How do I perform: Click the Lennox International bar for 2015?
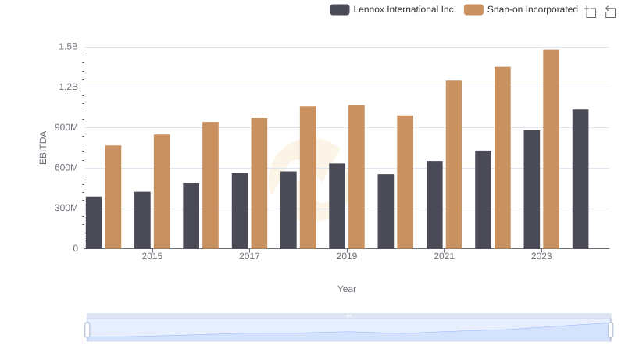(x=142, y=220)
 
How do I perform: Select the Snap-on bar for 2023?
(x=551, y=149)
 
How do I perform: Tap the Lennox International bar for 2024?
(x=580, y=179)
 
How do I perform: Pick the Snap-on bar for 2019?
(x=356, y=176)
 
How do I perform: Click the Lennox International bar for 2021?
(x=434, y=205)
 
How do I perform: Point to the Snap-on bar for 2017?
(x=259, y=183)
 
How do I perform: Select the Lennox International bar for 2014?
(x=94, y=223)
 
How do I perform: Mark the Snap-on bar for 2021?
(x=454, y=164)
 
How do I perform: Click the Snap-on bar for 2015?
(x=162, y=191)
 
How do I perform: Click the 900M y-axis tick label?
(x=66, y=127)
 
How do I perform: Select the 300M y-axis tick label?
(x=66, y=208)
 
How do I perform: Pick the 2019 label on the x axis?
(x=347, y=256)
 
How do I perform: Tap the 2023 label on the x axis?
(x=541, y=256)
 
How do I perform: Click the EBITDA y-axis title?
(x=44, y=148)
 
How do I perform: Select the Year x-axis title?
(x=347, y=289)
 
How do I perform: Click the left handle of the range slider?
(x=87, y=330)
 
